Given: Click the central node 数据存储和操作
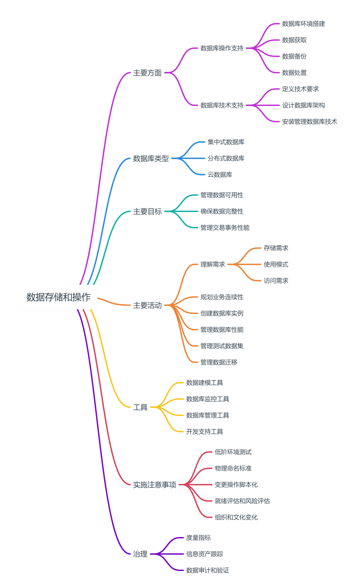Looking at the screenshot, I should click(58, 297).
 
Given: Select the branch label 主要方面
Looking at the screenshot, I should click(147, 73).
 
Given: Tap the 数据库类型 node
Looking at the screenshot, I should click(151, 158).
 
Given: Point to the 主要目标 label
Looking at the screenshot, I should click(147, 211).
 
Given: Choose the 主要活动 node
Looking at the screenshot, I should click(147, 305).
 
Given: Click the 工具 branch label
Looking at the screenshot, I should click(140, 407).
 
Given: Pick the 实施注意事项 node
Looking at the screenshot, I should click(155, 485).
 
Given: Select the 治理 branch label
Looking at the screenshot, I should click(140, 554).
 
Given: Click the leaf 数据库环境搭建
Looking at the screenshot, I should click(303, 24).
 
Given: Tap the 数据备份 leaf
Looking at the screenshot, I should click(294, 56).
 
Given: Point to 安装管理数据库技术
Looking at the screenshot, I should click(309, 122).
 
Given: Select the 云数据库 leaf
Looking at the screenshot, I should click(220, 175).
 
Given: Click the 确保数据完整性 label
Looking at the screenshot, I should click(222, 211).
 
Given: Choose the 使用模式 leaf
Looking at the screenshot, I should click(276, 264).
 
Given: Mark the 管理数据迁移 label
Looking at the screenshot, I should click(219, 362).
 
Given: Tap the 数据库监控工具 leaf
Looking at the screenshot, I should click(207, 399).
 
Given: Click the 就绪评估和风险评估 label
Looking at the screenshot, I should click(242, 501).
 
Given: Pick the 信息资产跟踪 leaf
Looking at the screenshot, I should click(204, 554).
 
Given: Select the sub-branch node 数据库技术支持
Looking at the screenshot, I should click(222, 105).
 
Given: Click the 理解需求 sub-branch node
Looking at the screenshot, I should click(213, 264).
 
